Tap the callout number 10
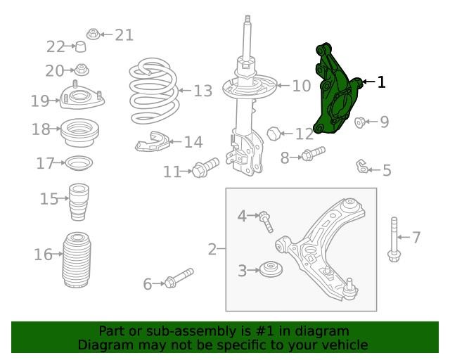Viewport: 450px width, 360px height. click(x=302, y=86)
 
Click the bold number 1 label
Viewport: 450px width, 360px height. click(x=381, y=82)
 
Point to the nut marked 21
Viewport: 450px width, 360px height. click(x=93, y=34)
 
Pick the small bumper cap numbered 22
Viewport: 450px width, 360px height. click(x=80, y=46)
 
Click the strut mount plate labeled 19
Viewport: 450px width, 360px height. click(x=82, y=97)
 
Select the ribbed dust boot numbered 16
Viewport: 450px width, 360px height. click(x=77, y=260)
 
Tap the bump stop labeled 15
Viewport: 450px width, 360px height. click(x=79, y=202)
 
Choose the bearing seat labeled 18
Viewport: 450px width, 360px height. click(x=79, y=132)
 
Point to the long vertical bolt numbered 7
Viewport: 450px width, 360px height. click(x=394, y=239)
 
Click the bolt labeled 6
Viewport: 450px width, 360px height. click(x=179, y=278)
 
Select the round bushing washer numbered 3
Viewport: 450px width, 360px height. click(x=271, y=269)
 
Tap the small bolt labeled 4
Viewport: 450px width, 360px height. click(x=266, y=221)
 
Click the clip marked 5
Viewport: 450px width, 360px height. click(x=361, y=167)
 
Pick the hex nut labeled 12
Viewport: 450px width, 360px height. click(x=274, y=133)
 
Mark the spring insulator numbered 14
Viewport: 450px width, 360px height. click(x=152, y=142)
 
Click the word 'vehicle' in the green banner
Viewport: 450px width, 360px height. click(x=346, y=345)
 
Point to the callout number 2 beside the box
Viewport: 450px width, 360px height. click(x=212, y=249)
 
